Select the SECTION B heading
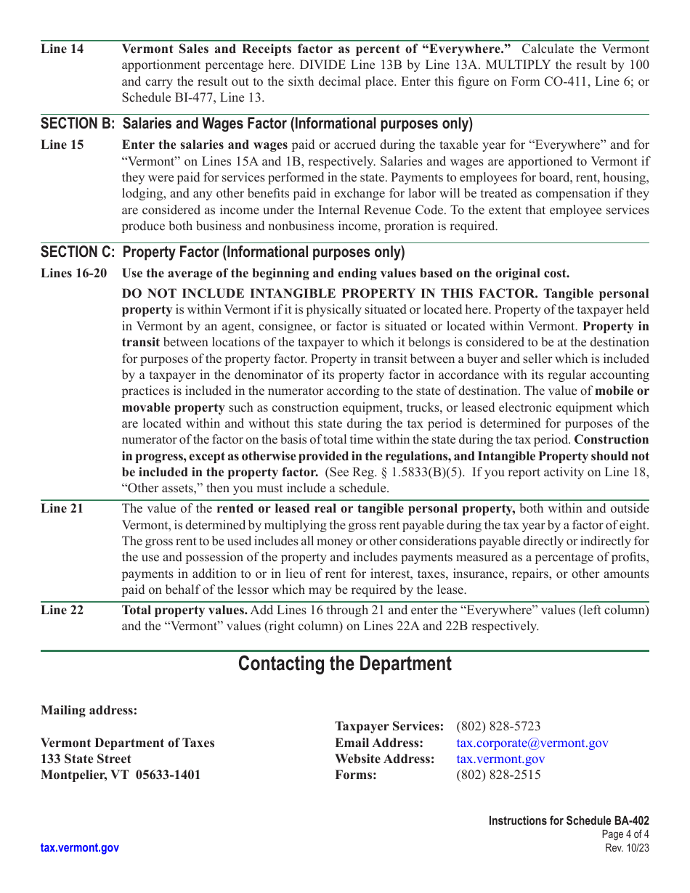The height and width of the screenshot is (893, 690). click(x=256, y=123)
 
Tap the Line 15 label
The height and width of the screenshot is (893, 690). click(x=62, y=144)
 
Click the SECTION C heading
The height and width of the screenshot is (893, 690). click(x=222, y=252)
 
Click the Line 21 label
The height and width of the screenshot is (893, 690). click(x=62, y=508)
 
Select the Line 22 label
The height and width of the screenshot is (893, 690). click(x=62, y=610)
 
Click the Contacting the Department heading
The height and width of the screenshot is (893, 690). click(x=344, y=664)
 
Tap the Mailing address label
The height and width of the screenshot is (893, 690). click(x=89, y=710)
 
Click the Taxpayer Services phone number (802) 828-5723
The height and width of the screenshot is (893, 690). click(x=498, y=726)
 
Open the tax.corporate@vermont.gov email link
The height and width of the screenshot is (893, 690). click(x=532, y=743)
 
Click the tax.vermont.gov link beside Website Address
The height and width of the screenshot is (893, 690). click(x=500, y=759)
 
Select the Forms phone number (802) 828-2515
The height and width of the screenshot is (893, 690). click(x=498, y=775)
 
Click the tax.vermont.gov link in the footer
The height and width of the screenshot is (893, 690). click(x=80, y=847)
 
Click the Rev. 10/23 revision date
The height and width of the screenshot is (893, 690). click(x=627, y=848)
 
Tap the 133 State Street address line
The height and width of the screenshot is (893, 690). click(x=86, y=759)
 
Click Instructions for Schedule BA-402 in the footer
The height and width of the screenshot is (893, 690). click(x=569, y=820)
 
